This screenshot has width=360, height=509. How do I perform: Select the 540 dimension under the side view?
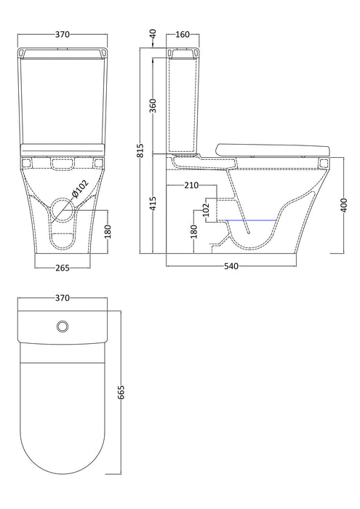pyautogui.click(x=230, y=267)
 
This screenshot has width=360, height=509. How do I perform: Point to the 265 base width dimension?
pyautogui.click(x=63, y=268)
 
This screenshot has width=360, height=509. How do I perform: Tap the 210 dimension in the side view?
pyautogui.click(x=191, y=185)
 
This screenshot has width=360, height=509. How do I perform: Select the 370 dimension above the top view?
pyautogui.click(x=63, y=297)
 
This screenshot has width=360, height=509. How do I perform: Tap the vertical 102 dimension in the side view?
pyautogui.click(x=206, y=210)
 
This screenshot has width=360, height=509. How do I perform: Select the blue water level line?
pyautogui.click(x=252, y=220)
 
